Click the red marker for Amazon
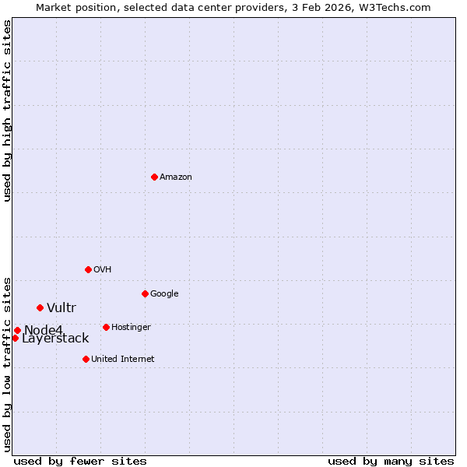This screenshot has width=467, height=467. click(154, 177)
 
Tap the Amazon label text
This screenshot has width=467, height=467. click(176, 177)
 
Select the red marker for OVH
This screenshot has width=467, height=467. click(88, 269)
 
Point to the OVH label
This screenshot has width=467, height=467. click(103, 270)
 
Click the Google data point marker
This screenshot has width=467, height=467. click(145, 293)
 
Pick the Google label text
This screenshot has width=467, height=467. click(164, 294)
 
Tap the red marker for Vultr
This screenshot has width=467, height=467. click(40, 307)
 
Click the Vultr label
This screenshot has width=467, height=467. click(61, 308)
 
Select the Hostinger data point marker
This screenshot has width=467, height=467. click(106, 327)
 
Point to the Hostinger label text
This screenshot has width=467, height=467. click(131, 328)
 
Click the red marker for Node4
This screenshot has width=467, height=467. click(17, 330)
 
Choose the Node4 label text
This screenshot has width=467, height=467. click(43, 330)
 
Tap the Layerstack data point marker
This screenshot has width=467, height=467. click(15, 338)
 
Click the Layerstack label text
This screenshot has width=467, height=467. click(55, 339)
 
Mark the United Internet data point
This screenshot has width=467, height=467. click(86, 359)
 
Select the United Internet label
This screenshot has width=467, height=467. click(123, 360)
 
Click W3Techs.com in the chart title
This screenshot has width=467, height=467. click(397, 8)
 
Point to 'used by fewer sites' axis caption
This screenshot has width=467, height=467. click(80, 461)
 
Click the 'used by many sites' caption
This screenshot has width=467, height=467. click(391, 461)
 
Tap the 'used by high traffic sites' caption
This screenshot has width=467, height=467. click(8, 111)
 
